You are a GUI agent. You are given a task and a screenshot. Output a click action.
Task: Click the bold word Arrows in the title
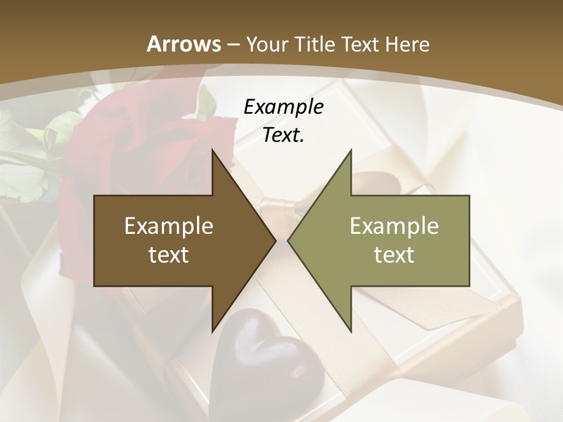184,44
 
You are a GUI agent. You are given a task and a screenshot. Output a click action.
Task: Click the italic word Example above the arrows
283,107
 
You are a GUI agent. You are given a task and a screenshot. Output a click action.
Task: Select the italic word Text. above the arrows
283,135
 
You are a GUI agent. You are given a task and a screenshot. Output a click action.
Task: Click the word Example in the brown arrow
169,226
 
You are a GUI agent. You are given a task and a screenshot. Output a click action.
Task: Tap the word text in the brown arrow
169,254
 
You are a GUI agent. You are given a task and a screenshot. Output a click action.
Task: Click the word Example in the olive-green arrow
394,226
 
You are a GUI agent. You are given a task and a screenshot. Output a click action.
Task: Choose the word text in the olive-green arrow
394,254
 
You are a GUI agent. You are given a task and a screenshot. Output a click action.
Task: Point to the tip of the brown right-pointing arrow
276,240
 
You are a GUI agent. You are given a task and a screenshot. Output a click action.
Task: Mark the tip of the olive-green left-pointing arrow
288,240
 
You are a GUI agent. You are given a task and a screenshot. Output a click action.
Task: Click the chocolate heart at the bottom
267,352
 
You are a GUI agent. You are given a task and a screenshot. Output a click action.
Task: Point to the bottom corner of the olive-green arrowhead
351,332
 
